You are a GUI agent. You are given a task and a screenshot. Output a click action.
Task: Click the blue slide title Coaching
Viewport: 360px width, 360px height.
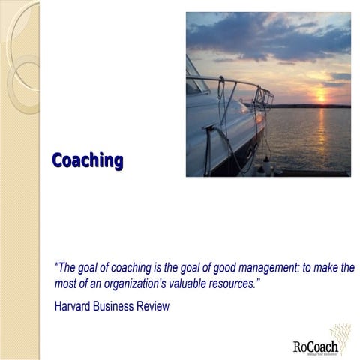tap(87, 160)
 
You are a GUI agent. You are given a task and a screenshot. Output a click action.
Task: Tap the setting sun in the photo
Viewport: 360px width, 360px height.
tap(321, 95)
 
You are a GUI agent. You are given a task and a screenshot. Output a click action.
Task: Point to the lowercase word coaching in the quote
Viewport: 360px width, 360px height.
tap(124, 268)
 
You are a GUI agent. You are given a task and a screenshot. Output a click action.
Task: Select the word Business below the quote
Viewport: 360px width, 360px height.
tap(118, 306)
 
